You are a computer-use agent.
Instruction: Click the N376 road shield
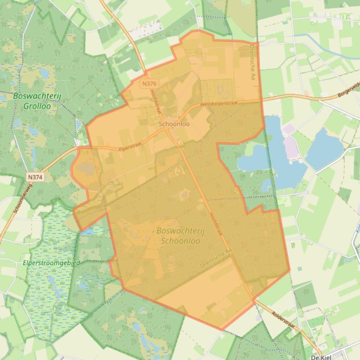150,84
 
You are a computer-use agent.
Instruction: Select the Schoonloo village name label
174,124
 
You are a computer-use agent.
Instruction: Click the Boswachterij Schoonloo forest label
180,236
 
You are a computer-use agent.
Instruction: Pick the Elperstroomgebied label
51,263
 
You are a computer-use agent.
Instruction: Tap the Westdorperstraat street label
219,103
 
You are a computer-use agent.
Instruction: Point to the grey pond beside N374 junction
85,168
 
